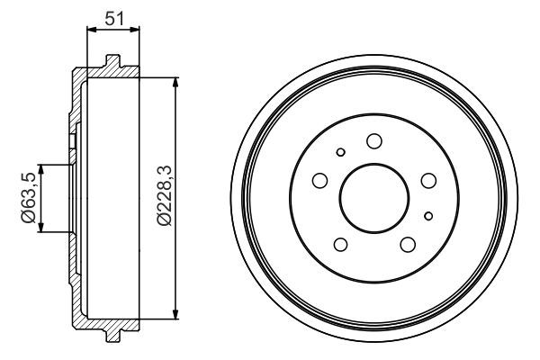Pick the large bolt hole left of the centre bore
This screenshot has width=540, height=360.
point(319,182)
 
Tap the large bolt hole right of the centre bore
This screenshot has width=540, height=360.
point(428,181)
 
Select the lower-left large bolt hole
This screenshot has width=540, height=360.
point(339,244)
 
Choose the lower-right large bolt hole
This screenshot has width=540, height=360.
point(407,244)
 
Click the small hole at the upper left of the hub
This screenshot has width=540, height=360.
point(339,152)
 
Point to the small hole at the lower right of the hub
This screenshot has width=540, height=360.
point(428,214)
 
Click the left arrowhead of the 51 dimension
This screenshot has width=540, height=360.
point(90,31)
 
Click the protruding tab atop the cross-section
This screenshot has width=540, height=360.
point(112,61)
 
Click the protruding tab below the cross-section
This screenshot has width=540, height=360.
point(112,335)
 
